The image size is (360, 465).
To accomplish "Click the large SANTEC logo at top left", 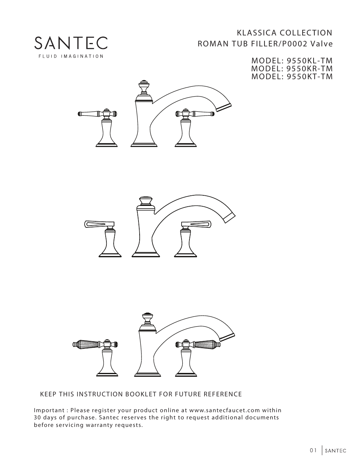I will [71, 43].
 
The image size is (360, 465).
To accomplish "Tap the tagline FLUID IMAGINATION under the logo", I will [71, 57].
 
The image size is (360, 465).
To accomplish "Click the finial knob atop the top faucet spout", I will [143, 86].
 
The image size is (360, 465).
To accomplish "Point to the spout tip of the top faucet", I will [223, 106].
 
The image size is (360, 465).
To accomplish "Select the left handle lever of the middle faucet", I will [96, 224].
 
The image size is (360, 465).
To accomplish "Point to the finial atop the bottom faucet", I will [146, 318].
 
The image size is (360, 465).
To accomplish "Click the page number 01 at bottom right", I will [313, 450].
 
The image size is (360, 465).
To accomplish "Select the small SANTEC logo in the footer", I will [335, 451].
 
